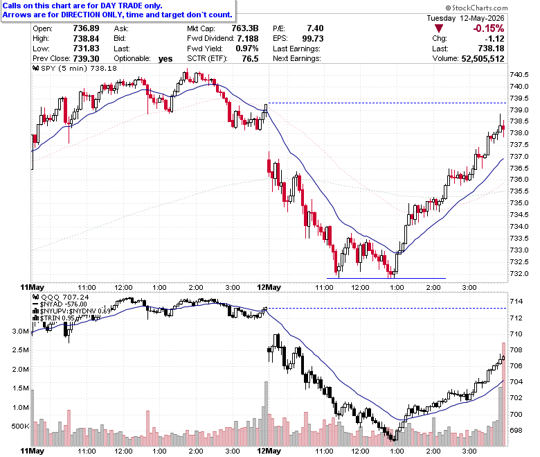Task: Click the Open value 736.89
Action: tap(86, 28)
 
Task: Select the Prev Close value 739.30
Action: tap(86, 59)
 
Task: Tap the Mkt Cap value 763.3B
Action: tap(245, 28)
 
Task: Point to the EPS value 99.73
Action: tap(313, 38)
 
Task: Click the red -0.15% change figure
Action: tap(488, 28)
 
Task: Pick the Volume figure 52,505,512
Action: tap(483, 59)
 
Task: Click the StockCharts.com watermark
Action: tap(476, 8)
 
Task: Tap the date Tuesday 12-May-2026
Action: tap(465, 18)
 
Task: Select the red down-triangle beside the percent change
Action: tap(439, 28)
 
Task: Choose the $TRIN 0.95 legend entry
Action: tap(55, 318)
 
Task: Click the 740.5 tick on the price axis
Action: tap(519, 75)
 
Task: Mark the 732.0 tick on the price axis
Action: tap(519, 274)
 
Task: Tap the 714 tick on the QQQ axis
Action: tap(516, 302)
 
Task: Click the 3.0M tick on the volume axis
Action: tap(21, 331)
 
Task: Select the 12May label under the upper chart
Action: tap(269, 287)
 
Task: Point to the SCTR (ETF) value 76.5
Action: tap(250, 59)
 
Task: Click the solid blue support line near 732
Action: tap(386, 278)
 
